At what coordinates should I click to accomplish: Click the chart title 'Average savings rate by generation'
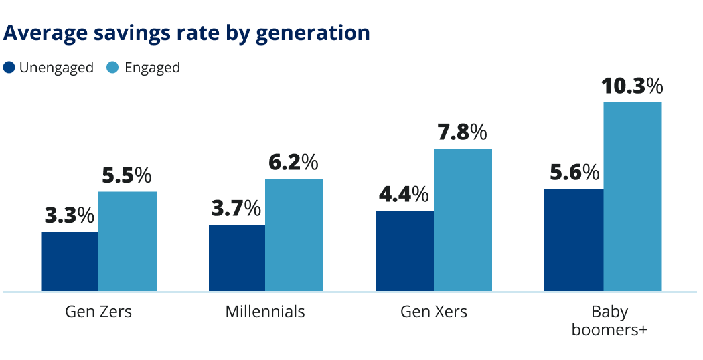[x=187, y=33]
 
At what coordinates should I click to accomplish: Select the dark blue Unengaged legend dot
[x=9, y=68]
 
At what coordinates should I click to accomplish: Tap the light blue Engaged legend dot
[x=112, y=68]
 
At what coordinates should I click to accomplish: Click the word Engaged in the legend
[x=152, y=68]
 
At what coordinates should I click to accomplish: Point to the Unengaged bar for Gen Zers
[x=70, y=262]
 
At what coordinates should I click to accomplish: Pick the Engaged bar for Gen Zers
[x=127, y=242]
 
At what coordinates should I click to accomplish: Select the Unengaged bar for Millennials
[x=237, y=258]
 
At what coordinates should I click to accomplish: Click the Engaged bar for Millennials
[x=294, y=235]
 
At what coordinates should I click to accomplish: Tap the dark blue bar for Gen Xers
[x=404, y=251]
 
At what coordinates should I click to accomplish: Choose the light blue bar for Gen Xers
[x=463, y=220]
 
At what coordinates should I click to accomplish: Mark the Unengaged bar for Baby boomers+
[x=574, y=240]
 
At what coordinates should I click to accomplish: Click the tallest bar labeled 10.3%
[x=632, y=197]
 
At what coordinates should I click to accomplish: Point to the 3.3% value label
[x=70, y=215]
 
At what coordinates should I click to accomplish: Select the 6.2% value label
[x=293, y=163]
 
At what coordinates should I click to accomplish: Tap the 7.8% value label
[x=462, y=132]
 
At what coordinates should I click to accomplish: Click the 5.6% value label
[x=574, y=173]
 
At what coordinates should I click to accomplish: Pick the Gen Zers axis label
[x=98, y=312]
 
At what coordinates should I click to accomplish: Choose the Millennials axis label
[x=265, y=312]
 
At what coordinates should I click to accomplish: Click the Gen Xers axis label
[x=434, y=312]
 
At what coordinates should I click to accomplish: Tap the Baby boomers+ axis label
[x=609, y=321]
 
